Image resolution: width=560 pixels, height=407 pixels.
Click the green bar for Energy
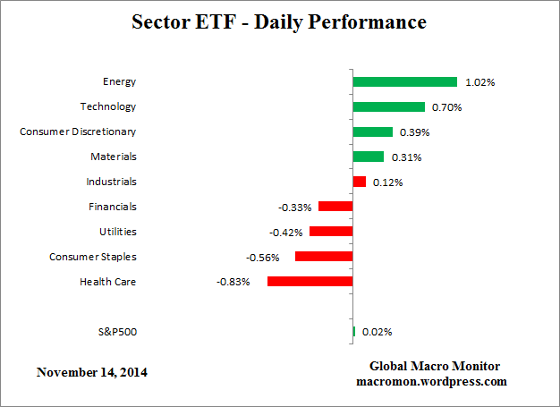(404, 81)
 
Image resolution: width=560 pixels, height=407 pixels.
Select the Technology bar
(388, 106)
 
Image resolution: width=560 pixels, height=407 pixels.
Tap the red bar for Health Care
(310, 282)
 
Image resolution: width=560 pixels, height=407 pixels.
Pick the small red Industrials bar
(359, 182)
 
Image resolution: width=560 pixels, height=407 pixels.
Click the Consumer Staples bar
(323, 257)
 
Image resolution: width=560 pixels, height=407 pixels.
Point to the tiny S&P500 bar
(354, 332)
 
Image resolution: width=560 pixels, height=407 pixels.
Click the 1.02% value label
(479, 82)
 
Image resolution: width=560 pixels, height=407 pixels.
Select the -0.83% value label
(233, 282)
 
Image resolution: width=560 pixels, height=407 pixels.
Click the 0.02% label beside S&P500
(377, 332)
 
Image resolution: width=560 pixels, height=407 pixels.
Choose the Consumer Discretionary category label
(78, 131)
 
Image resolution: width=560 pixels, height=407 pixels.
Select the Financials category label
(114, 207)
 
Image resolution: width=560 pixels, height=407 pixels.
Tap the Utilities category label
(118, 232)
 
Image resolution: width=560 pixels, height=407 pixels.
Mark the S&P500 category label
(116, 332)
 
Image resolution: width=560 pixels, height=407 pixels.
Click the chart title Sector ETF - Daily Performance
(280, 21)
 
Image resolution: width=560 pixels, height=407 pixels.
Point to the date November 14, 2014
(92, 371)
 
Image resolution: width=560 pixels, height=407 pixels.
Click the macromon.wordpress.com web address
(434, 381)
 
